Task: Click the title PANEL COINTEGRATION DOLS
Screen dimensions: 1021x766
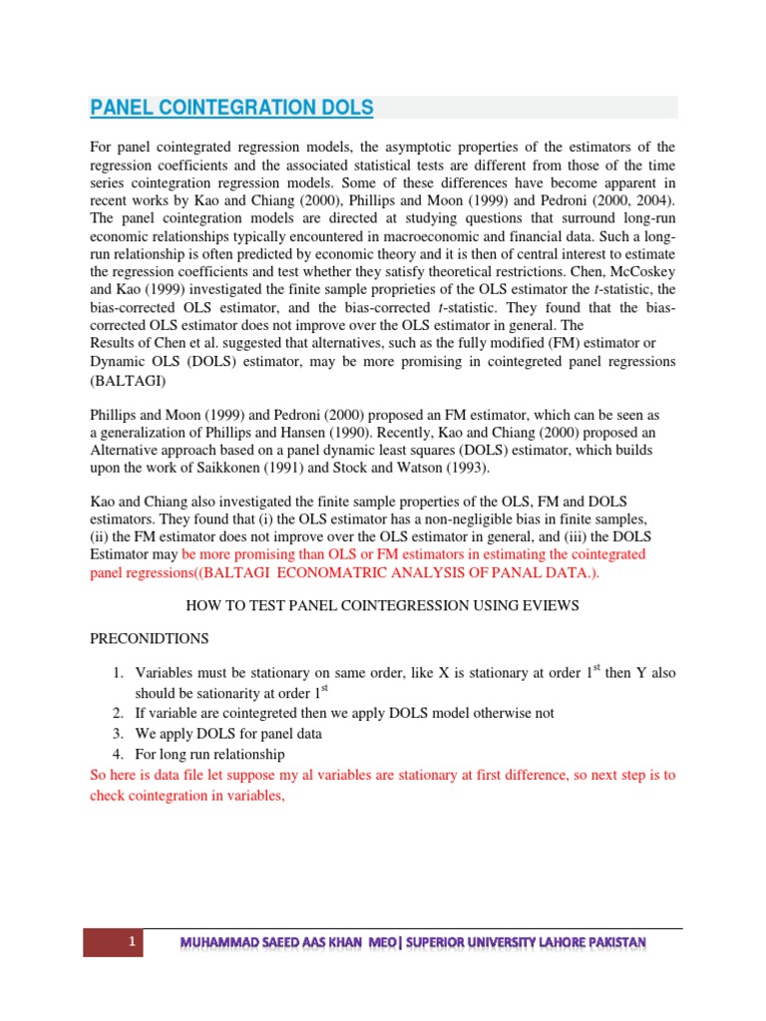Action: click(232, 108)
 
